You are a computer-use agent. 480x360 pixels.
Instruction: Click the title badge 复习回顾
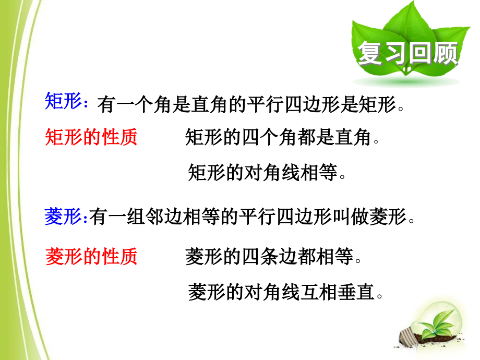pos(407,53)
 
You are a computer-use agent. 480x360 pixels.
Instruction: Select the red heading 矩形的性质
pos(91,138)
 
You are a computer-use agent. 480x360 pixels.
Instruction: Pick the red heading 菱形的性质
pos(91,256)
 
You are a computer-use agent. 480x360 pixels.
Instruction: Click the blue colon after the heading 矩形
pos(86,102)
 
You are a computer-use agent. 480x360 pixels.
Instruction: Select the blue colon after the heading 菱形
pos(86,219)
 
